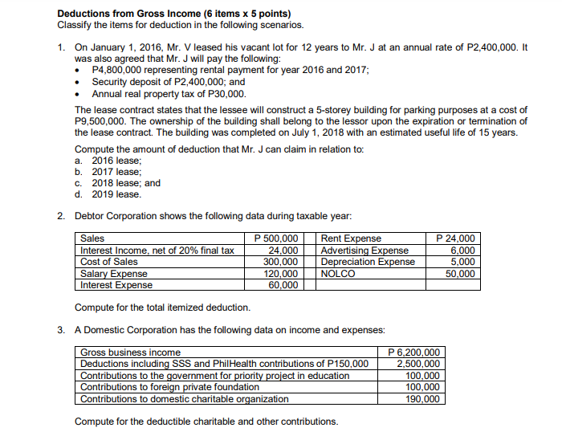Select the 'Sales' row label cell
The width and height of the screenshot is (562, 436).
click(94, 238)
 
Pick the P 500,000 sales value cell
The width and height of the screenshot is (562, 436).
click(276, 238)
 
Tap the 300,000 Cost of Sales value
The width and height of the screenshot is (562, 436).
click(282, 262)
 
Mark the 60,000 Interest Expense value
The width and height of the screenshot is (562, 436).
click(284, 284)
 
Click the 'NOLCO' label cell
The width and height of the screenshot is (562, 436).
click(336, 273)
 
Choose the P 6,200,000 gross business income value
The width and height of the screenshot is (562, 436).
click(413, 352)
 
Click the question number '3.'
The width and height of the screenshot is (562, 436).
click(62, 329)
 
